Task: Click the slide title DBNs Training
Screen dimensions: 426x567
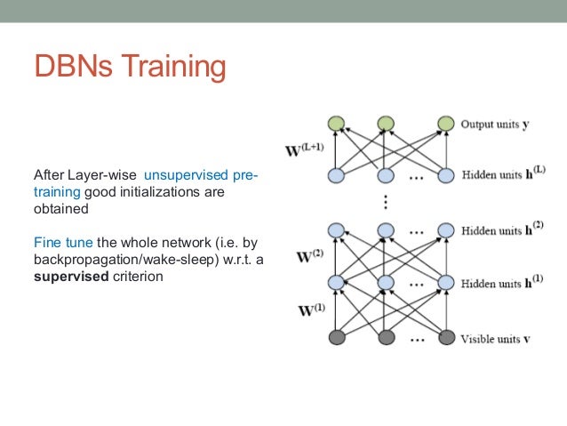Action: tap(130, 68)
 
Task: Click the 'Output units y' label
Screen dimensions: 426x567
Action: tap(495, 125)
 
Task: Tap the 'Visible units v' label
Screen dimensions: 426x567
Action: tap(496, 338)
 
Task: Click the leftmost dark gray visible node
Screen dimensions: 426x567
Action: tap(336, 337)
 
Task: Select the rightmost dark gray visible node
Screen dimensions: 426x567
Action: tap(446, 337)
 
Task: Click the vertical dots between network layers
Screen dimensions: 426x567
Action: tap(385, 202)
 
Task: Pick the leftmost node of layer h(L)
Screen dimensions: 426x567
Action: tap(336, 176)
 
